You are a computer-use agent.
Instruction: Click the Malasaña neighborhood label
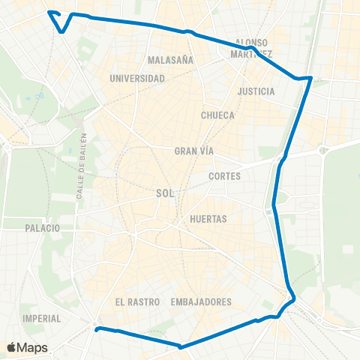[171, 59]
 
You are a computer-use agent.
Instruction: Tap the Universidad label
[136, 78]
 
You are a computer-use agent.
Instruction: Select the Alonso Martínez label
[251, 48]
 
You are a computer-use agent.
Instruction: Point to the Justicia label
[256, 91]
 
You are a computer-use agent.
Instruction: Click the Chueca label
[218, 115]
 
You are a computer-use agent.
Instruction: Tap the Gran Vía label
[194, 151]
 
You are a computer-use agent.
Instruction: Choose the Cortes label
[225, 177]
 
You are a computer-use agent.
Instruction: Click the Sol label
[165, 193]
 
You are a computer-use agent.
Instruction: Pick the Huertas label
[208, 219]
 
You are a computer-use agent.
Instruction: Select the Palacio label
[41, 226]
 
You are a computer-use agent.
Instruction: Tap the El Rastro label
[137, 301]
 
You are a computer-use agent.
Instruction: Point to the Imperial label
[42, 318]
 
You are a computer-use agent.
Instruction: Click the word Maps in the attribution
[32, 348]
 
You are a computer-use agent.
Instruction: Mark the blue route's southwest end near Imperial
[97, 328]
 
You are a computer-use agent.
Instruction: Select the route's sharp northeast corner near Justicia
[310, 77]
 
